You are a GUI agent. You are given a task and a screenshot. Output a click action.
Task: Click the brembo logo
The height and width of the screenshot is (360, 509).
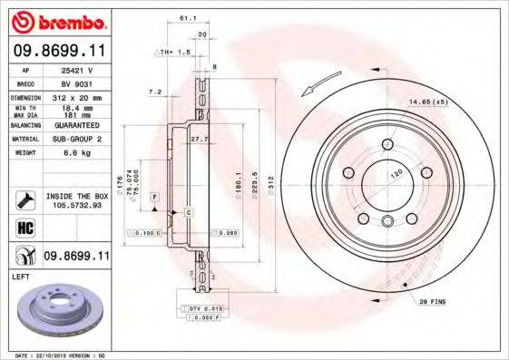coord(56,21)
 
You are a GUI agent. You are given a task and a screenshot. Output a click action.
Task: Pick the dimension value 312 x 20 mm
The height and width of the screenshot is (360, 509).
coord(74,96)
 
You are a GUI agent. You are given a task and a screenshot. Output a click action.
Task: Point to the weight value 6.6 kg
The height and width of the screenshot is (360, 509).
coord(73,154)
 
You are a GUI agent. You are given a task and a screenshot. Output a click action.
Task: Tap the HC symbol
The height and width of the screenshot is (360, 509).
coord(24,227)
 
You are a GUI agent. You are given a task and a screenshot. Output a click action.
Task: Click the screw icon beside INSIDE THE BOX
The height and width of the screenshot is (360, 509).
coord(24,199)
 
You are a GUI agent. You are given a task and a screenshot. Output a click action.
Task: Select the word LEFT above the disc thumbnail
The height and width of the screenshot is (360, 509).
coord(22,282)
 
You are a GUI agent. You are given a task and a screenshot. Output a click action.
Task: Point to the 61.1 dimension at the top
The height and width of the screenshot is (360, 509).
coord(188,17)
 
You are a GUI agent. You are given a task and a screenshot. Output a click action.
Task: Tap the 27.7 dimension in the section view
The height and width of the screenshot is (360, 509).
coord(200,138)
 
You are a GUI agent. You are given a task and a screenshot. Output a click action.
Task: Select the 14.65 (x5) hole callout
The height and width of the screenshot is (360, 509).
coord(455,102)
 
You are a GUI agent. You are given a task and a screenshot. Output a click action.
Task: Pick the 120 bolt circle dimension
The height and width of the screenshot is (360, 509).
coord(395,173)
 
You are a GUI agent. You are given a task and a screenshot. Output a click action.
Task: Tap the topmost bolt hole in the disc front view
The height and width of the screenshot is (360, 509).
coord(387,144)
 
